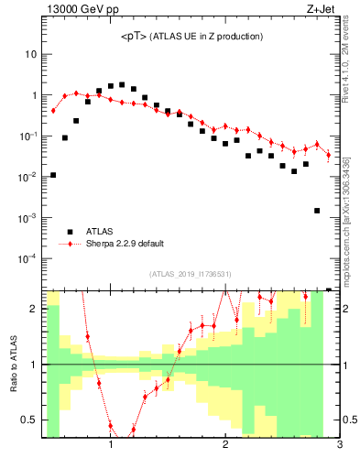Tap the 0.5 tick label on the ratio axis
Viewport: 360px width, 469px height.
27,420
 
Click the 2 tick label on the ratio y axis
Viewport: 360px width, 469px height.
33,309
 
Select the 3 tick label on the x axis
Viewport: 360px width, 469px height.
339,445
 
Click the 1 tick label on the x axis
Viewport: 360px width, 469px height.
111,445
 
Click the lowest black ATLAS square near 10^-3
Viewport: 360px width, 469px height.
317,211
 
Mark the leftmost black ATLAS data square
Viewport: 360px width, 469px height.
53,175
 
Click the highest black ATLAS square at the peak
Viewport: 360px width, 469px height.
122,84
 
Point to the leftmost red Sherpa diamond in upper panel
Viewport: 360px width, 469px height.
53,110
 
